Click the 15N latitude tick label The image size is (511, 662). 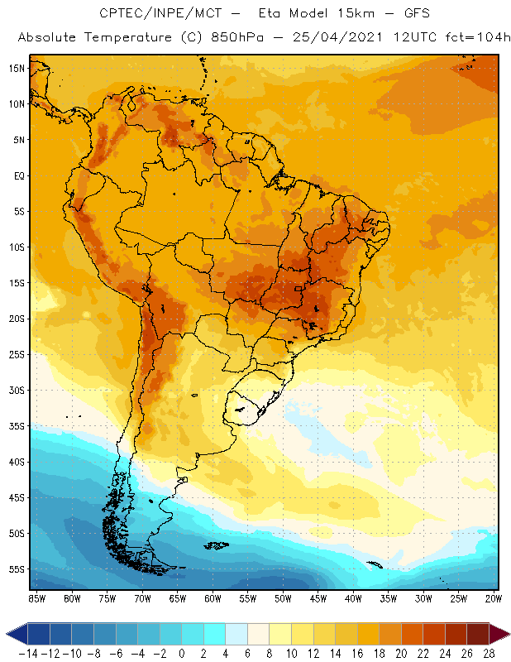[17, 69]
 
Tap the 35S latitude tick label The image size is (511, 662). [17, 426]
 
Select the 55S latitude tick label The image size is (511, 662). [17, 569]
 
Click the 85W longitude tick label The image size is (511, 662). [37, 598]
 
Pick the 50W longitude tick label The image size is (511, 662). [284, 598]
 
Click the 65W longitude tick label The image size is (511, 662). [178, 598]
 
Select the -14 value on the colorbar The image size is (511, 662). [28, 654]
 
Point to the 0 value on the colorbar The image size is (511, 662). [181, 654]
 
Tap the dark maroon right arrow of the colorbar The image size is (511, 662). [500, 634]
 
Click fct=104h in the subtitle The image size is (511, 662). [474, 37]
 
